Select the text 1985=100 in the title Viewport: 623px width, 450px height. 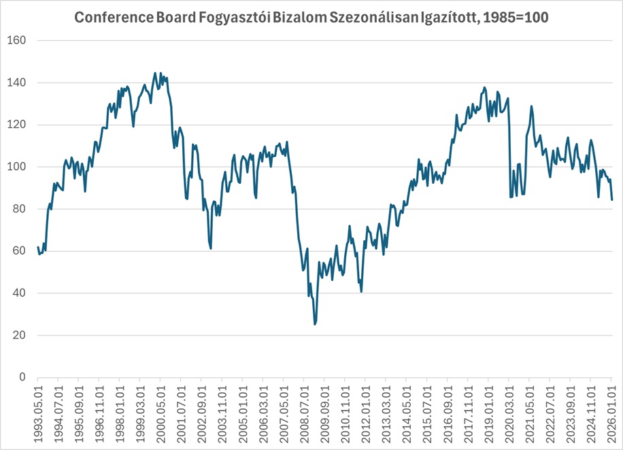click(515, 18)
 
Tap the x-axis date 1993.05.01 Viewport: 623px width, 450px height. click(38, 412)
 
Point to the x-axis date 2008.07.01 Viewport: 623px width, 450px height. click(303, 412)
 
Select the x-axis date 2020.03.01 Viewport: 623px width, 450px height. click(507, 412)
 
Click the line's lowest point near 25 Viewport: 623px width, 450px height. click(315, 324)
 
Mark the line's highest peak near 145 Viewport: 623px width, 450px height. click(155, 73)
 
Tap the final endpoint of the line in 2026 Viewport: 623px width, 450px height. click(612, 199)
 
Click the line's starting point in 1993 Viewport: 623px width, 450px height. click(38, 247)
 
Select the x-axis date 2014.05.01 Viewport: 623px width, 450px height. click(405, 412)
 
